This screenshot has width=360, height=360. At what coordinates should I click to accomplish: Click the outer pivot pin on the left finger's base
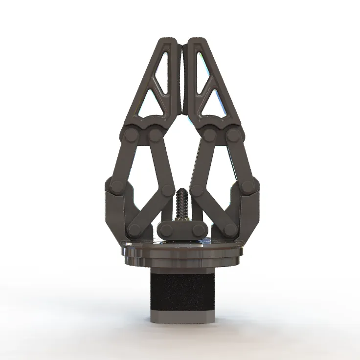tap(131, 135)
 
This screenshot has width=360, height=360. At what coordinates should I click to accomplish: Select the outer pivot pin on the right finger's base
tap(233, 135)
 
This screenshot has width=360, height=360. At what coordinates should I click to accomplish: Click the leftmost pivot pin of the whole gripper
tap(116, 186)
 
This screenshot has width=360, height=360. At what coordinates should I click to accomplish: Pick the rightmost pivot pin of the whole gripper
tap(247, 186)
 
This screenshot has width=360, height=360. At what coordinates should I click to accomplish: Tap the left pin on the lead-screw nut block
tap(164, 229)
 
